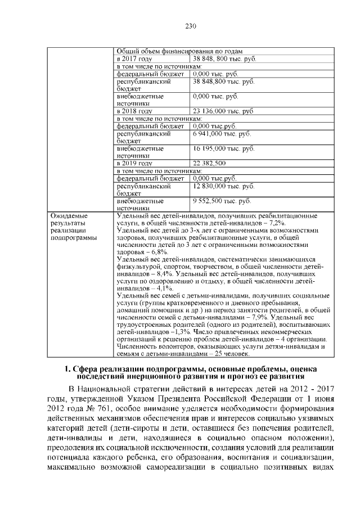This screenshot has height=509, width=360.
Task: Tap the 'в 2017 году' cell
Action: pos(134,58)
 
